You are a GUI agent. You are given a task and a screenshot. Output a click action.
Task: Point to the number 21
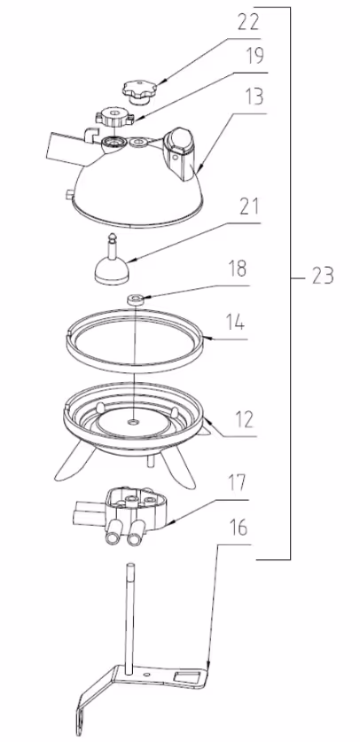(249, 207)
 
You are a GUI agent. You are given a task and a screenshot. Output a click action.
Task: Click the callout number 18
(238, 269)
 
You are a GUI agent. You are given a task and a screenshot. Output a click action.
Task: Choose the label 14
(235, 323)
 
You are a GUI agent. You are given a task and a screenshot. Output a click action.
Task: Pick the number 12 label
(244, 419)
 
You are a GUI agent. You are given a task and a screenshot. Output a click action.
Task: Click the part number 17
(238, 483)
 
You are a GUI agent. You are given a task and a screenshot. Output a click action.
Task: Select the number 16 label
(239, 527)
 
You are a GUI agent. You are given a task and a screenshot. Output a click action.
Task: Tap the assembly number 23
(324, 276)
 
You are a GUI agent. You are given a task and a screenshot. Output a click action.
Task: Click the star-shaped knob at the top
(140, 90)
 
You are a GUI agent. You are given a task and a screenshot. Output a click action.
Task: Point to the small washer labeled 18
(136, 300)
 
